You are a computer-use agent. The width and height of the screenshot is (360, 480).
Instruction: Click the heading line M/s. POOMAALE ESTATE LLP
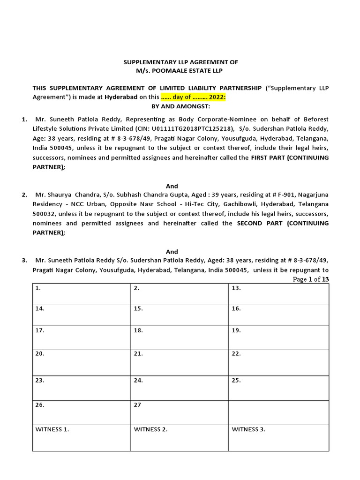[x=180, y=70]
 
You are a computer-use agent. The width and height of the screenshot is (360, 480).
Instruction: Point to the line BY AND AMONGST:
[x=180, y=106]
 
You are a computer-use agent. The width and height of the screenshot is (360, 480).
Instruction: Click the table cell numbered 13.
[x=278, y=293]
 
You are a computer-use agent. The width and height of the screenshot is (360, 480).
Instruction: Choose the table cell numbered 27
[x=180, y=411]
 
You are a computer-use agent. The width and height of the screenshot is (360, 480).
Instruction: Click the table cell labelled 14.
[x=81, y=315]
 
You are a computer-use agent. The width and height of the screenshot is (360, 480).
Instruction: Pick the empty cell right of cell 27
[x=278, y=411]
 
